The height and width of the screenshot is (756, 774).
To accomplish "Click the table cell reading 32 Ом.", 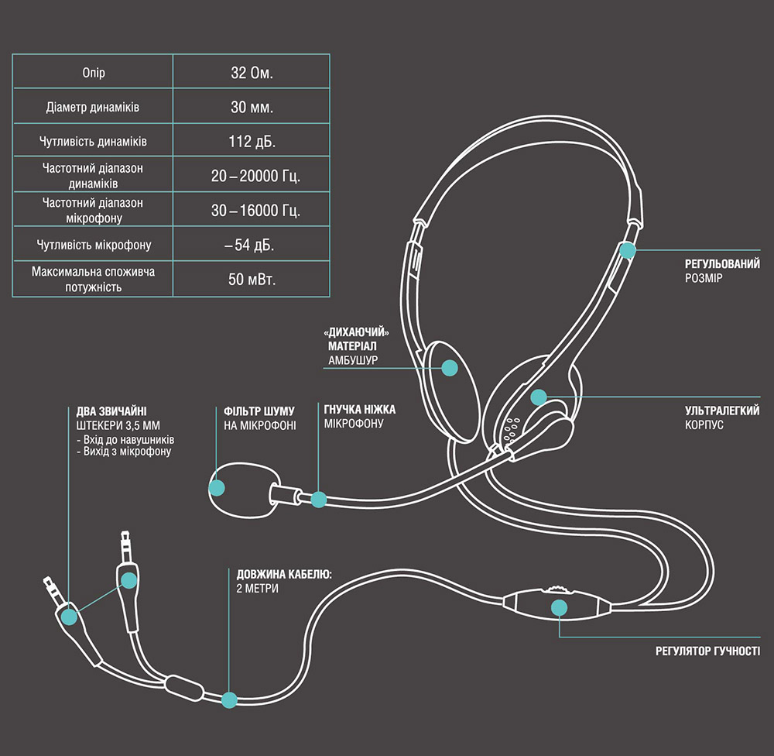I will [252, 74].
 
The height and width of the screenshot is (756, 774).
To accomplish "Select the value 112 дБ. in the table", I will [252, 143].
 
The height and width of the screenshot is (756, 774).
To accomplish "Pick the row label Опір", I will [93, 74].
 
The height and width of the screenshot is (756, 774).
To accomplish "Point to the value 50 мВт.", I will [252, 279].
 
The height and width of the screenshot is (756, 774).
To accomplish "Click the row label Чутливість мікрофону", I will [93, 245].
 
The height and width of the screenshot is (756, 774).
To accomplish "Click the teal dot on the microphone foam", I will [217, 487].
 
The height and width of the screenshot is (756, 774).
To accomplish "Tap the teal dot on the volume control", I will [559, 606].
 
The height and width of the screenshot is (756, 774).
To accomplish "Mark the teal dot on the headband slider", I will [627, 250].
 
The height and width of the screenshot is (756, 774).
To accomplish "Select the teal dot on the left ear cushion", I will [448, 366].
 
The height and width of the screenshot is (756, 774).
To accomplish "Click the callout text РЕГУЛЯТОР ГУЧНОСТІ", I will [707, 651].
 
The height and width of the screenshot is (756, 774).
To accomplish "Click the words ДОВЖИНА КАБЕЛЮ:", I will [284, 574].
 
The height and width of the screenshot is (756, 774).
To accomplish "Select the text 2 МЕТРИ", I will [257, 589].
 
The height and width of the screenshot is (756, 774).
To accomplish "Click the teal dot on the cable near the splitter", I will [229, 699].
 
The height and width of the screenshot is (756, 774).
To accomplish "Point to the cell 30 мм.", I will [252, 108].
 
